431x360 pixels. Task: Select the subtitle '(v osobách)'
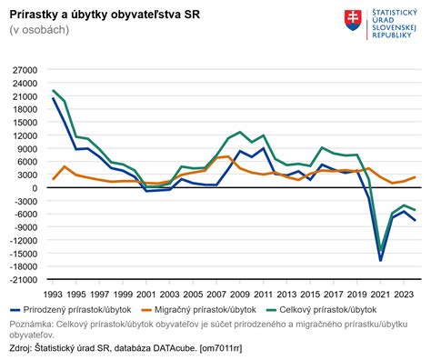[39, 30]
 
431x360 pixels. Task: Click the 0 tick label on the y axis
[33, 188]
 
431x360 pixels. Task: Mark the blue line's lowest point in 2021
[380, 261]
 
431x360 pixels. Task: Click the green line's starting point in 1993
[53, 91]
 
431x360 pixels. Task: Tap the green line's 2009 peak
[240, 132]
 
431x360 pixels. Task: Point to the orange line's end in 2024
[416, 177]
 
